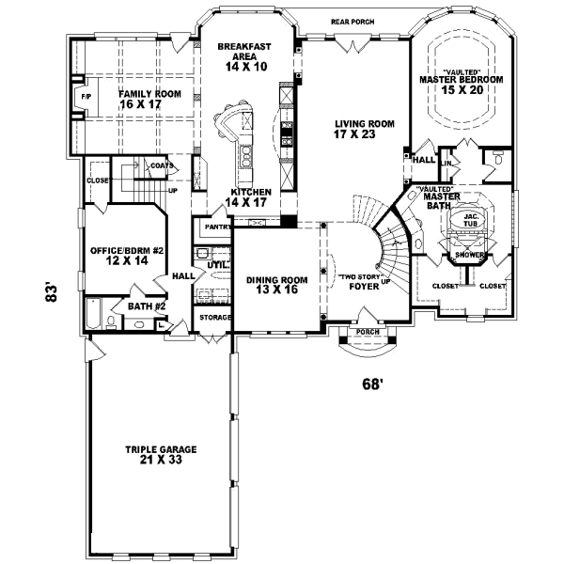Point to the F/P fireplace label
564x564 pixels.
[85, 96]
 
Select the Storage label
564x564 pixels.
[214, 318]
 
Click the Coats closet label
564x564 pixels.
[161, 166]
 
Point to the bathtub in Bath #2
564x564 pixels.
[95, 313]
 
